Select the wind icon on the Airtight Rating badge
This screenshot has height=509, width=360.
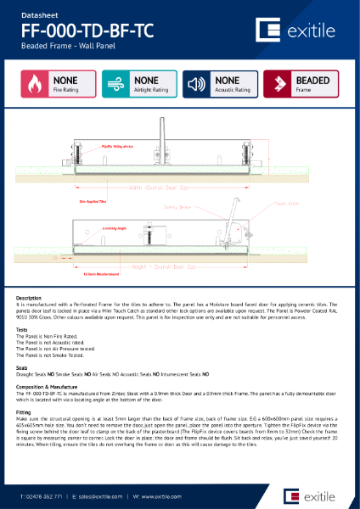(x=115, y=83)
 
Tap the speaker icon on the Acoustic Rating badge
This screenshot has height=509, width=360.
(x=197, y=83)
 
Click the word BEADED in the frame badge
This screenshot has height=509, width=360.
(x=312, y=80)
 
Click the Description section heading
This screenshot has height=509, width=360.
(x=29, y=298)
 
